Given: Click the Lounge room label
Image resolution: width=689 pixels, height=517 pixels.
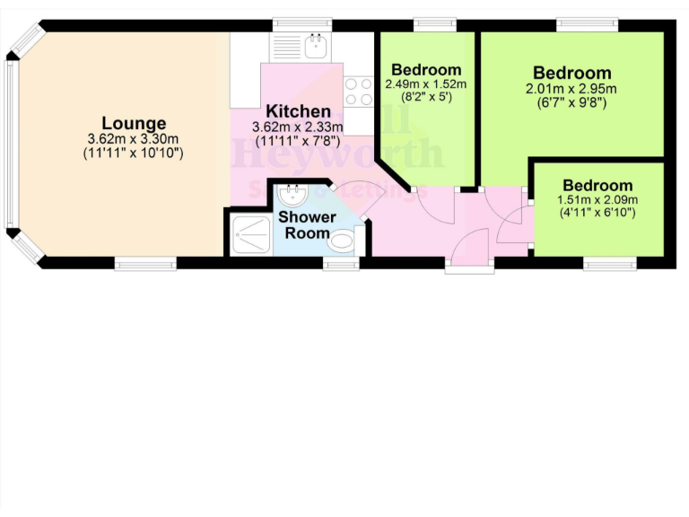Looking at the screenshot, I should tap(134, 124).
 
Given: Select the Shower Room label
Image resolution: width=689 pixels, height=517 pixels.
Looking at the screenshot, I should tap(306, 225).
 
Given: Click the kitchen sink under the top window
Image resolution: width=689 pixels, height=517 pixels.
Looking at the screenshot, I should tap(315, 45).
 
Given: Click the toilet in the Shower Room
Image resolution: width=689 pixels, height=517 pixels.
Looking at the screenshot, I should tap(342, 241).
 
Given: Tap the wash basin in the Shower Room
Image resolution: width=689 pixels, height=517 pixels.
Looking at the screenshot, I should tap(292, 194).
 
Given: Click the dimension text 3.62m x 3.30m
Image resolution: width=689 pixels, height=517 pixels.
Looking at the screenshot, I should tap(134, 139).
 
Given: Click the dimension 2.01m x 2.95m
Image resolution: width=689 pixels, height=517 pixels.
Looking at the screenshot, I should tap(571, 89).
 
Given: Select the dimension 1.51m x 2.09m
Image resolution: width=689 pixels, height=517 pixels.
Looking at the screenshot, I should tap(597, 199).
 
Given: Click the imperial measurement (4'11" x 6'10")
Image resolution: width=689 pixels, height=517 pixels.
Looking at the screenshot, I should tap(597, 213).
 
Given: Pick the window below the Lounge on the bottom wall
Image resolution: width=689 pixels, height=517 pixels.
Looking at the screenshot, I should tap(145, 263).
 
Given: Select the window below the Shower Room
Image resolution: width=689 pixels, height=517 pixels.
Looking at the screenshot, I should tap(341, 263).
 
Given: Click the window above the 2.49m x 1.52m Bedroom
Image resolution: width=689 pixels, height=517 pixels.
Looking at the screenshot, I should tap(435, 23).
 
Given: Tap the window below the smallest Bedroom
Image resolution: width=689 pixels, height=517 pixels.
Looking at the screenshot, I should tap(610, 263).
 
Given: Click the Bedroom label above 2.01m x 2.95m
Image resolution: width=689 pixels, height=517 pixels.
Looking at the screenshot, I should tap(571, 73).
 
